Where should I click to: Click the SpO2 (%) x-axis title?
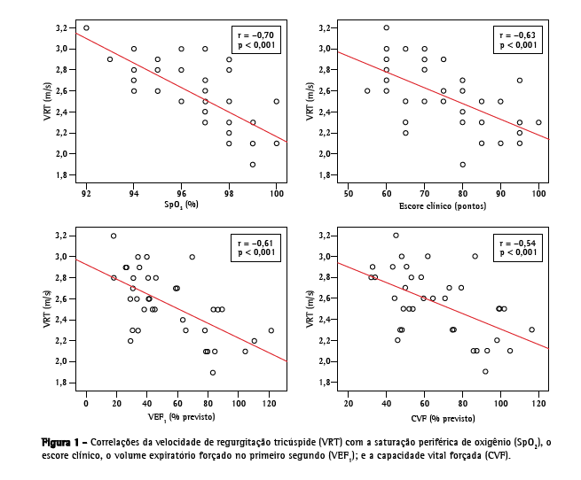pyautogui.click(x=181, y=206)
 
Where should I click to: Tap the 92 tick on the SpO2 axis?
pyautogui.click(x=86, y=192)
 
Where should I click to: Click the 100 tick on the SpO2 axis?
pyautogui.click(x=276, y=192)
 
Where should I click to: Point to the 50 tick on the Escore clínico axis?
pyautogui.click(x=348, y=192)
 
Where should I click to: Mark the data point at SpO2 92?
pyautogui.click(x=86, y=27)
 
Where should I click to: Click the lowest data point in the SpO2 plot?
pyautogui.click(x=253, y=165)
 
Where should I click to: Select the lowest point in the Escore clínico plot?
pyautogui.click(x=462, y=165)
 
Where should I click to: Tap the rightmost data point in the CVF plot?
pyautogui.click(x=532, y=329)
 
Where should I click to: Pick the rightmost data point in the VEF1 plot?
pyautogui.click(x=271, y=330)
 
